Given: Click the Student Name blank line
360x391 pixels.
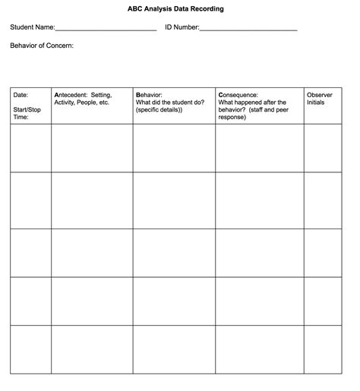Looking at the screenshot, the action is pos(106,30).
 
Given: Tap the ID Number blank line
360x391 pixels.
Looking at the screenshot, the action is pos(248,30).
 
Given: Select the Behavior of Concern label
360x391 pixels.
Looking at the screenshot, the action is pos(42,46).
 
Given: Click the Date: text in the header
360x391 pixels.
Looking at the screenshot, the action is pos(21,95).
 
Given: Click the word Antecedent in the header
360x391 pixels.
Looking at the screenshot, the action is pos(71,95).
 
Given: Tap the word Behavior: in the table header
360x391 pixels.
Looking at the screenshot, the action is pos(149,95).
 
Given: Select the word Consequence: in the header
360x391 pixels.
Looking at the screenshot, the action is pos(238,95).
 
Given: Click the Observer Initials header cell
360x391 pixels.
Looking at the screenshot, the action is pos(320,99).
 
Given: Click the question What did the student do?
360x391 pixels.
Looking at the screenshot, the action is pos(171,102).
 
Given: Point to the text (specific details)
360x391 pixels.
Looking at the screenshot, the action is pos(159,110).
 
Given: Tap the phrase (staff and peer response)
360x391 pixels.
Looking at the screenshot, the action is pos(242,114).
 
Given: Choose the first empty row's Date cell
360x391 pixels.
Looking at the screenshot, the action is pos(30,148).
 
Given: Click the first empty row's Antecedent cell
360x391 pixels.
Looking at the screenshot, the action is pos(92,148).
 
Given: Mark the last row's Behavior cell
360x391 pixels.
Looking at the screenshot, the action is pos(174,349).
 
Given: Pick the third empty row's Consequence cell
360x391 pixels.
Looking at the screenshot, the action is pos(260,253).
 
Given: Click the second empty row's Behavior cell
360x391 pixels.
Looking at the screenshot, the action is pos(174,200).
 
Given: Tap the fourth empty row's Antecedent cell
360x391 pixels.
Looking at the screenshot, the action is pos(92,301).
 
